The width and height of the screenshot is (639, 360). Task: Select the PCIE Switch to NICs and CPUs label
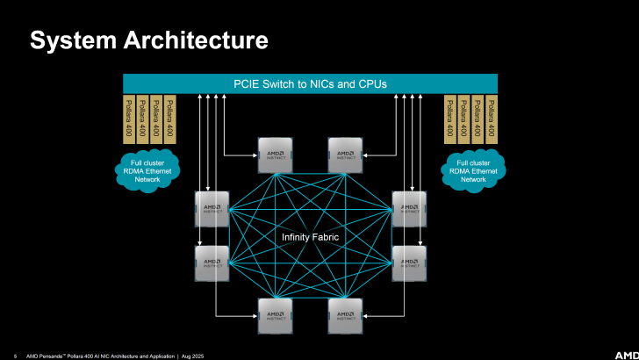[310, 84]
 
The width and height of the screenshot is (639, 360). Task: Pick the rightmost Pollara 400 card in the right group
[492, 119]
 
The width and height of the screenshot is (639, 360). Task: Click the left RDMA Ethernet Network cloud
[148, 168]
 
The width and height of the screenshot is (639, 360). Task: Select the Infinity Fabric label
[310, 238]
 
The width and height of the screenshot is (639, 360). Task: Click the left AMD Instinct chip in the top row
[274, 155]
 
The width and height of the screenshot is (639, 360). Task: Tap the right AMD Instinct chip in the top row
[346, 155]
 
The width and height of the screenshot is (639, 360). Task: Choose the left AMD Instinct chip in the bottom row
[274, 316]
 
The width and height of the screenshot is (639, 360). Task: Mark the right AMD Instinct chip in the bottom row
[346, 316]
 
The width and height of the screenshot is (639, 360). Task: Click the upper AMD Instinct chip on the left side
[212, 209]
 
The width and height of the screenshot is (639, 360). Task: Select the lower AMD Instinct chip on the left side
[212, 263]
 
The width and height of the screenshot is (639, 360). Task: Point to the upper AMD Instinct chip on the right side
[409, 209]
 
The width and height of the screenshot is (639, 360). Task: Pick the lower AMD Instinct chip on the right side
[409, 263]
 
